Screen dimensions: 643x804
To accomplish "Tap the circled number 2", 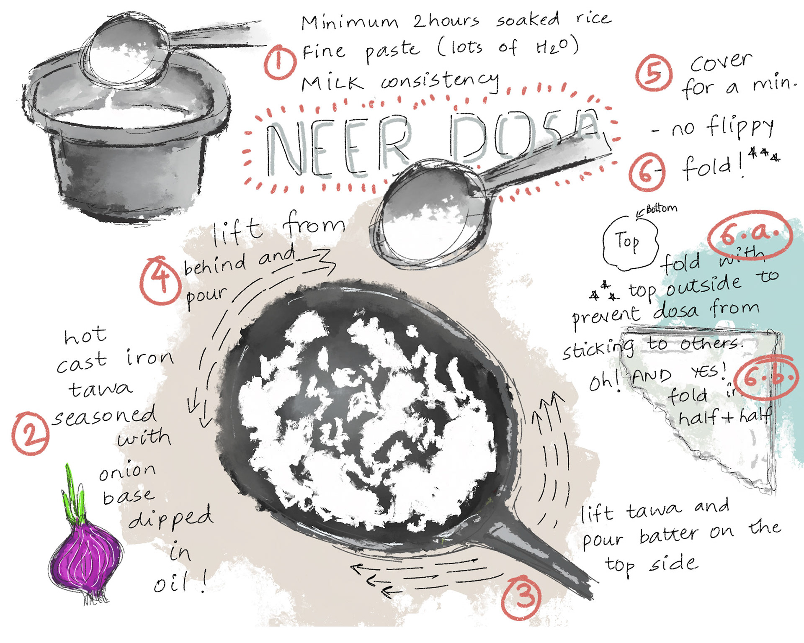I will pos(30,434).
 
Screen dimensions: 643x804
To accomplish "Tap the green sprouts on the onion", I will pos(73,494).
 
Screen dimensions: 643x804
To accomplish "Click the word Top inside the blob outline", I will pos(627,242).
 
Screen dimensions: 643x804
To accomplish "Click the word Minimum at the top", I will pos(350,22).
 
